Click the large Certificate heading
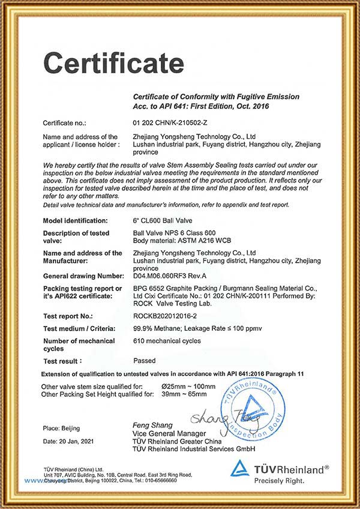point(113,62)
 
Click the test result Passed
point(144,361)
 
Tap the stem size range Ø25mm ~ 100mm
point(188,387)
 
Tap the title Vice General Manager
point(169,434)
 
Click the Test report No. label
point(68,315)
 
